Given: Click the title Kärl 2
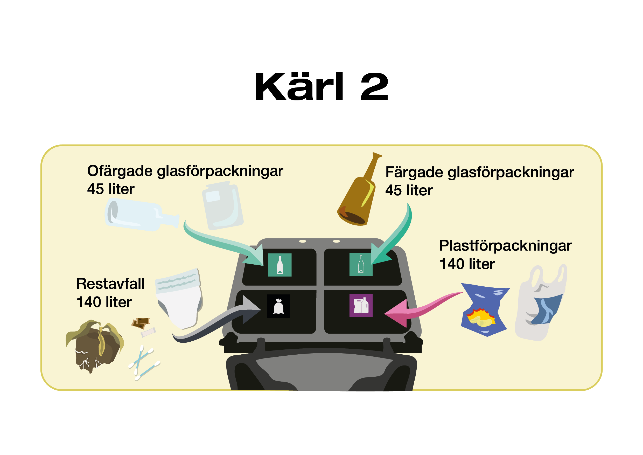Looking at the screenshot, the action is pos(321,86).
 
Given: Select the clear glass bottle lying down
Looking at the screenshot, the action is pos(141,215).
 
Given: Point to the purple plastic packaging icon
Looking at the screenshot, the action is pos(361,305).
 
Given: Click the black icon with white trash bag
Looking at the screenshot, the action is pos(278,306).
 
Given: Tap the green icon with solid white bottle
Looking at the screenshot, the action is pos(280,265).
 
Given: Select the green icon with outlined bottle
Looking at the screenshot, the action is pos(361,264).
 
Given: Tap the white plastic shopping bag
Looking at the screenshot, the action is pos(541,302).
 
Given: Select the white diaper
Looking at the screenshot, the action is pos(179,298).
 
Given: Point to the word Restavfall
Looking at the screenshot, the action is pos(110,284).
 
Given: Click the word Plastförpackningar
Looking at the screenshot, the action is pos(505,246).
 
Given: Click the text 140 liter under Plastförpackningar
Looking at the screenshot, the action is pos(467,264).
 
